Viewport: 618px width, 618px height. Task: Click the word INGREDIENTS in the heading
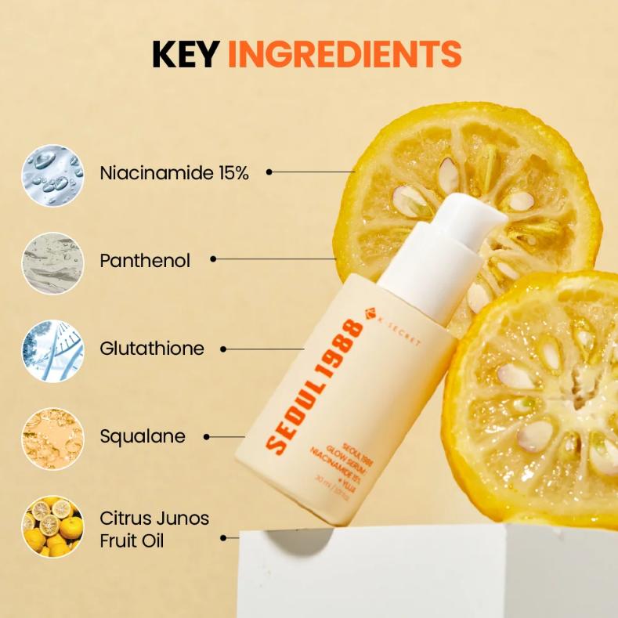(345, 53)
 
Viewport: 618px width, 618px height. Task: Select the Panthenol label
(145, 261)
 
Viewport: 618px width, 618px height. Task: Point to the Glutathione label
(152, 349)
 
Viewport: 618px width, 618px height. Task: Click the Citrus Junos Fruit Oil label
(154, 529)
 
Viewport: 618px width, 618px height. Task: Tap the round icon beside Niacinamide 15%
(52, 175)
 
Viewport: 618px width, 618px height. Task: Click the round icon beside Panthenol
(52, 262)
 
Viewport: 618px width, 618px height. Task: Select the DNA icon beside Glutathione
(52, 350)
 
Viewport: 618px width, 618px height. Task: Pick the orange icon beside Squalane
(52, 438)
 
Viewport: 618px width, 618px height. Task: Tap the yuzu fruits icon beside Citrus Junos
(52, 526)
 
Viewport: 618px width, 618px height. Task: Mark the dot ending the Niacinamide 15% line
(269, 172)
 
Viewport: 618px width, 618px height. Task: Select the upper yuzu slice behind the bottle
(501, 180)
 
